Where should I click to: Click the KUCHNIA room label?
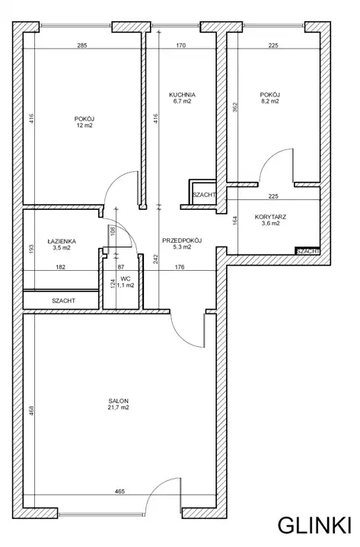click(x=182, y=94)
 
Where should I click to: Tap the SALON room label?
click(x=118, y=401)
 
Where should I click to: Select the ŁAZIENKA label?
click(x=62, y=241)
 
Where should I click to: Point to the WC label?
click(x=126, y=278)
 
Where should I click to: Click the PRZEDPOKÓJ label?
click(x=182, y=240)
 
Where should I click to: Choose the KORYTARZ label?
click(x=270, y=217)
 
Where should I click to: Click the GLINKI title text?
click(x=314, y=526)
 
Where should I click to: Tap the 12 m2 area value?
click(x=84, y=126)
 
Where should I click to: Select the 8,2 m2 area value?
click(x=270, y=101)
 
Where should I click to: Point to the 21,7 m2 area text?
click(x=118, y=408)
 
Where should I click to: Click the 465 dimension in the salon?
click(x=119, y=491)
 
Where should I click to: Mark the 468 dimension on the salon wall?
click(x=31, y=410)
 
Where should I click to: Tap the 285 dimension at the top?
click(x=81, y=46)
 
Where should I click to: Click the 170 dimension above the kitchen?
click(x=181, y=46)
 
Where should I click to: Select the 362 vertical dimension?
click(x=234, y=107)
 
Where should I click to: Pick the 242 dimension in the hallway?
click(x=156, y=259)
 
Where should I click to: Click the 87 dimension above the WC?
click(x=121, y=267)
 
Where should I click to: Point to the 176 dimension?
click(x=180, y=267)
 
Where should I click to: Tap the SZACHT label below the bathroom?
click(x=63, y=301)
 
